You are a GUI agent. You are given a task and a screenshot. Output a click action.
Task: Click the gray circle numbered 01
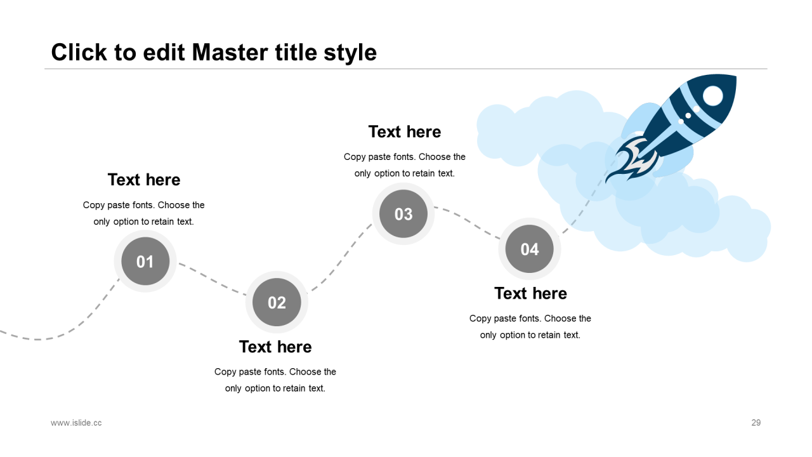145,261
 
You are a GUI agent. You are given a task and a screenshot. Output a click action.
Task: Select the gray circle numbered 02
277,302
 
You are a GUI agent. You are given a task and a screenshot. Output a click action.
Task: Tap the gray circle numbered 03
403,214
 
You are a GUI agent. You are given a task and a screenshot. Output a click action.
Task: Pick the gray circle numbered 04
530,249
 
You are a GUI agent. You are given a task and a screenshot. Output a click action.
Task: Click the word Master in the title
230,52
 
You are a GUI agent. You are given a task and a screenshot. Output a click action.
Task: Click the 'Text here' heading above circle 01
144,180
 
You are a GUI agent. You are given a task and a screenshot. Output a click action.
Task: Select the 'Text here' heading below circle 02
275,347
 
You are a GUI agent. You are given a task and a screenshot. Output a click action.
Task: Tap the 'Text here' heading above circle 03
405,131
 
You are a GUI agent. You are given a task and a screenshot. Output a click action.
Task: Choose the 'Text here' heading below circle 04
530,293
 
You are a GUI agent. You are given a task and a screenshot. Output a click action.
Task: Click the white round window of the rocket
712,96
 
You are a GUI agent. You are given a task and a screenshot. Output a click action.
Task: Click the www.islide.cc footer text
76,423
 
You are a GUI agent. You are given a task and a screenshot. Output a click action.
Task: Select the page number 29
756,423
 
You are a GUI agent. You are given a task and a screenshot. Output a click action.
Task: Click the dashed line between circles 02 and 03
340,258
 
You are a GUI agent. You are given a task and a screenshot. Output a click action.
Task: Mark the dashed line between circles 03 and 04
467,222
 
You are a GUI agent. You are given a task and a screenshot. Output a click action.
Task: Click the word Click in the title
79,52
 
